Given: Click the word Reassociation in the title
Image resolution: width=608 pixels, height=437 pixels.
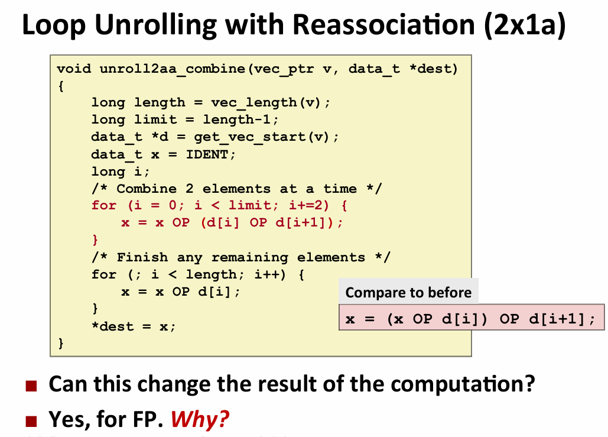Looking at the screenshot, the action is [x=383, y=24].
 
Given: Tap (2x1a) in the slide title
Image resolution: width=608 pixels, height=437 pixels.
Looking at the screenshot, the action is [x=525, y=25].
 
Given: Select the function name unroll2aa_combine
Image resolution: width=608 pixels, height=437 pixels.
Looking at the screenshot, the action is [x=173, y=69].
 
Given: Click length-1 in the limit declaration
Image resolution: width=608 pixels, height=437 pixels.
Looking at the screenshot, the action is [x=236, y=119].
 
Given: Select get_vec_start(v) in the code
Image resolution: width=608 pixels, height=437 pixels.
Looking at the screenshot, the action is [x=262, y=137].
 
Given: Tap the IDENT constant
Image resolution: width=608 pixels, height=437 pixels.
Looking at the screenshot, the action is [x=207, y=154].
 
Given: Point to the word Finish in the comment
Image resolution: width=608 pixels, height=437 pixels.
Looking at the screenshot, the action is [x=142, y=257].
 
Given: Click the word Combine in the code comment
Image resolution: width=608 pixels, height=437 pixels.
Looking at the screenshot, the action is [x=147, y=189].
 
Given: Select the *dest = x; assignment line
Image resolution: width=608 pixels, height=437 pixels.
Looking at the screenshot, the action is [x=134, y=326].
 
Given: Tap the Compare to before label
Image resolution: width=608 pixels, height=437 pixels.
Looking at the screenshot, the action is [x=409, y=292].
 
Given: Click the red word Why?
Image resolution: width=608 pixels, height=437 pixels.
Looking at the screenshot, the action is [x=200, y=419].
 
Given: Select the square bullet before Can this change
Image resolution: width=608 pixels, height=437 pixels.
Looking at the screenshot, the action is [x=31, y=386].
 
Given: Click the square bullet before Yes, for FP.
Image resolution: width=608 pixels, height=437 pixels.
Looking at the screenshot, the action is [x=31, y=420].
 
